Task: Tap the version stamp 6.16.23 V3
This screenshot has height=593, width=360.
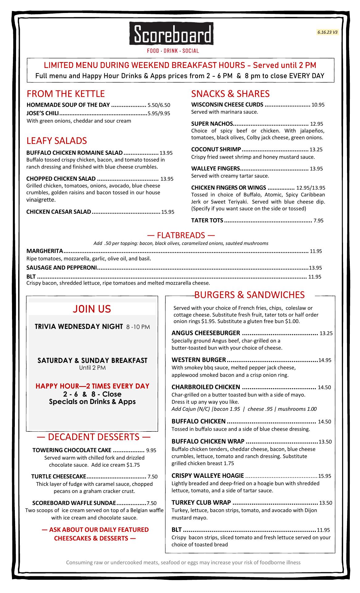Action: coord(327,32)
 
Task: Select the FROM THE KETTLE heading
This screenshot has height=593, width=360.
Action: coord(66,94)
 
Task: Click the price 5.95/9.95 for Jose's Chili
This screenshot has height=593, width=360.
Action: coord(159,113)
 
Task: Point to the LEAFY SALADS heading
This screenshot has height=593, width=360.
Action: coord(57,141)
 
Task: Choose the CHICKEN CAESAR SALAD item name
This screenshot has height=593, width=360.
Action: coord(59,212)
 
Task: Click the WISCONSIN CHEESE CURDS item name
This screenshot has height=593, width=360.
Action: coord(227,105)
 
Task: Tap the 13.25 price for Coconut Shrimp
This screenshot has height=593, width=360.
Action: coord(316,150)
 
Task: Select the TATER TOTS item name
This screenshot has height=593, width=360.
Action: coord(207,221)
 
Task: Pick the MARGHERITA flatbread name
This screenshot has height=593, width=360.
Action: coord(45,251)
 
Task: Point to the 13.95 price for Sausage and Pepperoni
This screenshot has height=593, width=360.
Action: coord(315,268)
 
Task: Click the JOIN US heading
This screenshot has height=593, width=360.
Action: coord(92,309)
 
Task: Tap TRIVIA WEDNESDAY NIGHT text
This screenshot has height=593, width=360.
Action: coord(79,326)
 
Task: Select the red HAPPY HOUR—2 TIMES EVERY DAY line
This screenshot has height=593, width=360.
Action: coord(92,386)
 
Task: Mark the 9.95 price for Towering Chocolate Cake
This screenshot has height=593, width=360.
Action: coord(151,451)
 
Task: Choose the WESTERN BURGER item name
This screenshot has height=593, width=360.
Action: coord(199,360)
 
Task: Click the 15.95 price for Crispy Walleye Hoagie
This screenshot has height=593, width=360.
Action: coord(324,476)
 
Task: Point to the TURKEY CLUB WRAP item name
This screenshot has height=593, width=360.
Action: coord(201,503)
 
